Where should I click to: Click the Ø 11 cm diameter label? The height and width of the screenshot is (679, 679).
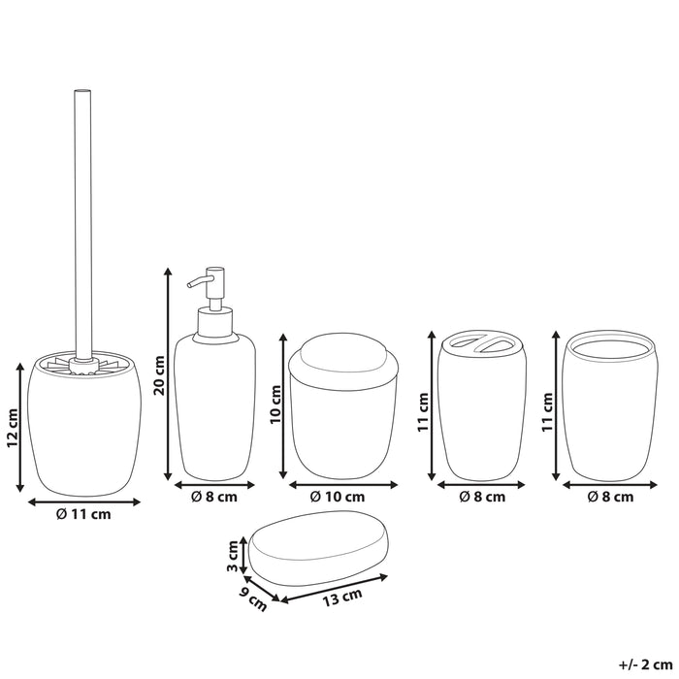tap(83, 514)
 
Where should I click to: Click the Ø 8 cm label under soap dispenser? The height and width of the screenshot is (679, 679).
tap(214, 497)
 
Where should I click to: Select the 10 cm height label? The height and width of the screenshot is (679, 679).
tap(275, 415)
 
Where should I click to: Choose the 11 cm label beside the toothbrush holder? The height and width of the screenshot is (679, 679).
tap(423, 411)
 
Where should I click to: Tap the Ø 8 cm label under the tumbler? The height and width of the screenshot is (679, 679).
tap(611, 497)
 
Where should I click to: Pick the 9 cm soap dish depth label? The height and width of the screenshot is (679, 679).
tap(256, 602)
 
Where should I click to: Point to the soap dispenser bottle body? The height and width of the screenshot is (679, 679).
tap(215, 407)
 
